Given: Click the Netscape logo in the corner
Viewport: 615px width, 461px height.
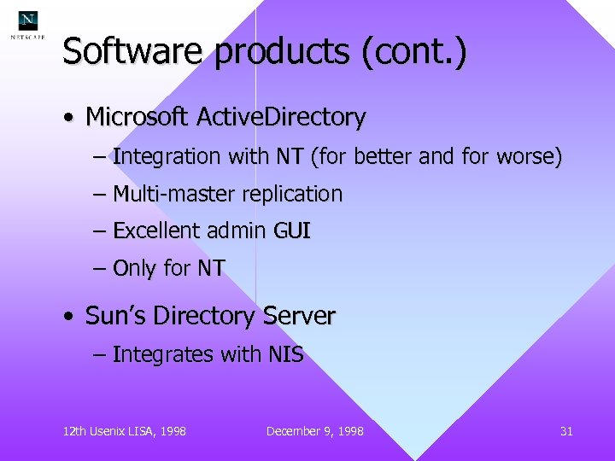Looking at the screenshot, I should (x=27, y=26).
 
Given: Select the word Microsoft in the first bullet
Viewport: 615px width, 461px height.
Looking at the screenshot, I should (x=138, y=117).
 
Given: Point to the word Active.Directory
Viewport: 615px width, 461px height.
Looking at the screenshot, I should (x=281, y=117).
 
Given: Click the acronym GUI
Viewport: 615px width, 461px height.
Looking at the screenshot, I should (x=292, y=231).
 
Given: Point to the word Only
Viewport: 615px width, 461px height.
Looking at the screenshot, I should (x=134, y=269).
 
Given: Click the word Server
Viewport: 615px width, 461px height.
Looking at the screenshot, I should (x=299, y=317).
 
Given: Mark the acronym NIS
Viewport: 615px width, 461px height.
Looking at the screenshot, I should (x=284, y=354).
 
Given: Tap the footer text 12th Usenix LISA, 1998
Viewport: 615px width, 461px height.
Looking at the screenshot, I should (x=125, y=431).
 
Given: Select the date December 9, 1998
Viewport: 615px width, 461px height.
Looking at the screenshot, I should (x=314, y=431).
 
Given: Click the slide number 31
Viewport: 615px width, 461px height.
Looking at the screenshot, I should (x=566, y=431).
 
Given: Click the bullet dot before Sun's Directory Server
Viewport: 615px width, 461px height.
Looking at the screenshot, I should (x=68, y=318).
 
